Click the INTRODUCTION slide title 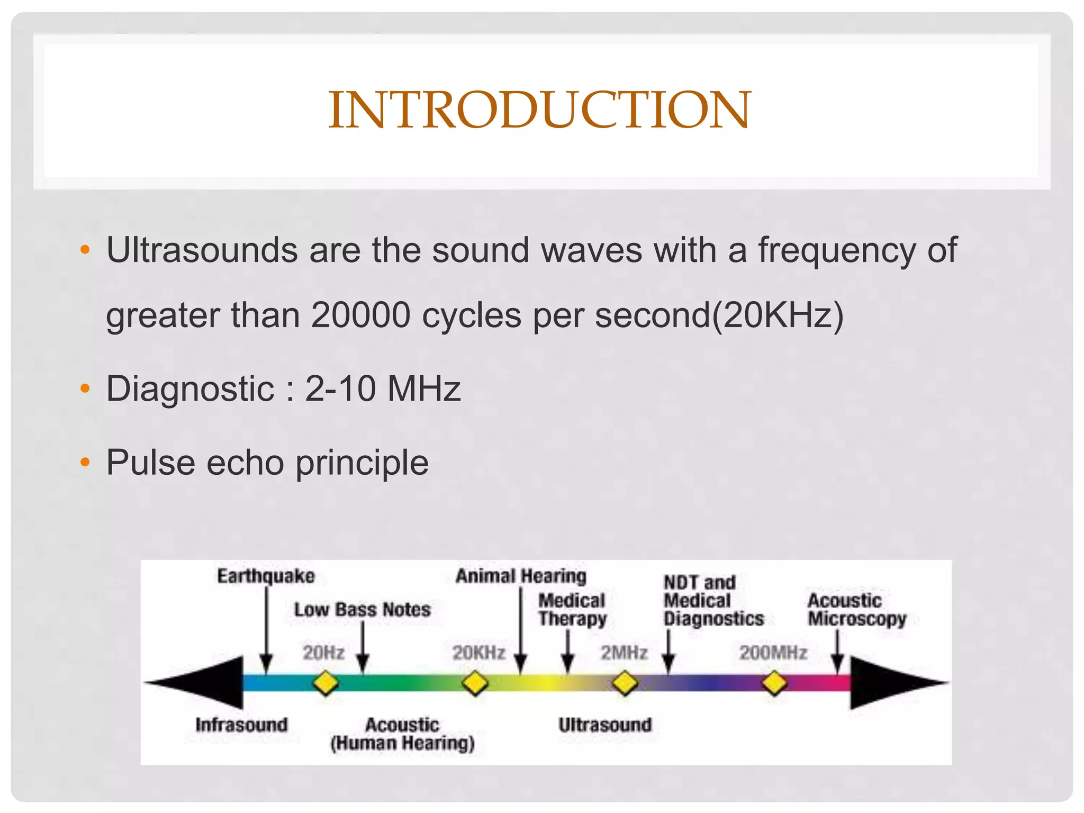pyautogui.click(x=539, y=110)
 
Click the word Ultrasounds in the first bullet pyautogui.click(x=202, y=250)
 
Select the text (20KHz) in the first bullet pyautogui.click(x=778, y=315)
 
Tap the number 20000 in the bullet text pyautogui.click(x=360, y=315)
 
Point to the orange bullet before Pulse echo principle pyautogui.click(x=85, y=463)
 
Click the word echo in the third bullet pyautogui.click(x=245, y=463)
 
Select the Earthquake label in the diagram pyautogui.click(x=266, y=576)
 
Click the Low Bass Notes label pyautogui.click(x=363, y=610)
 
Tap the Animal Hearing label pyautogui.click(x=521, y=576)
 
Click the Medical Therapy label pyautogui.click(x=572, y=610)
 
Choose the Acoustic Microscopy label pyautogui.click(x=857, y=610)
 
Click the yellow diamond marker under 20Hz pyautogui.click(x=326, y=683)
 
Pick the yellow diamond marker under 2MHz pyautogui.click(x=625, y=683)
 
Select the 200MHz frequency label pyautogui.click(x=773, y=653)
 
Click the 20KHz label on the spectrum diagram pyautogui.click(x=478, y=653)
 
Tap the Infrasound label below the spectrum pyautogui.click(x=241, y=725)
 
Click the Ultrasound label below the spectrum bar pyautogui.click(x=605, y=725)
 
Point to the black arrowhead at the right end pyautogui.click(x=895, y=683)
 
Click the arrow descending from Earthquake pyautogui.click(x=266, y=630)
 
